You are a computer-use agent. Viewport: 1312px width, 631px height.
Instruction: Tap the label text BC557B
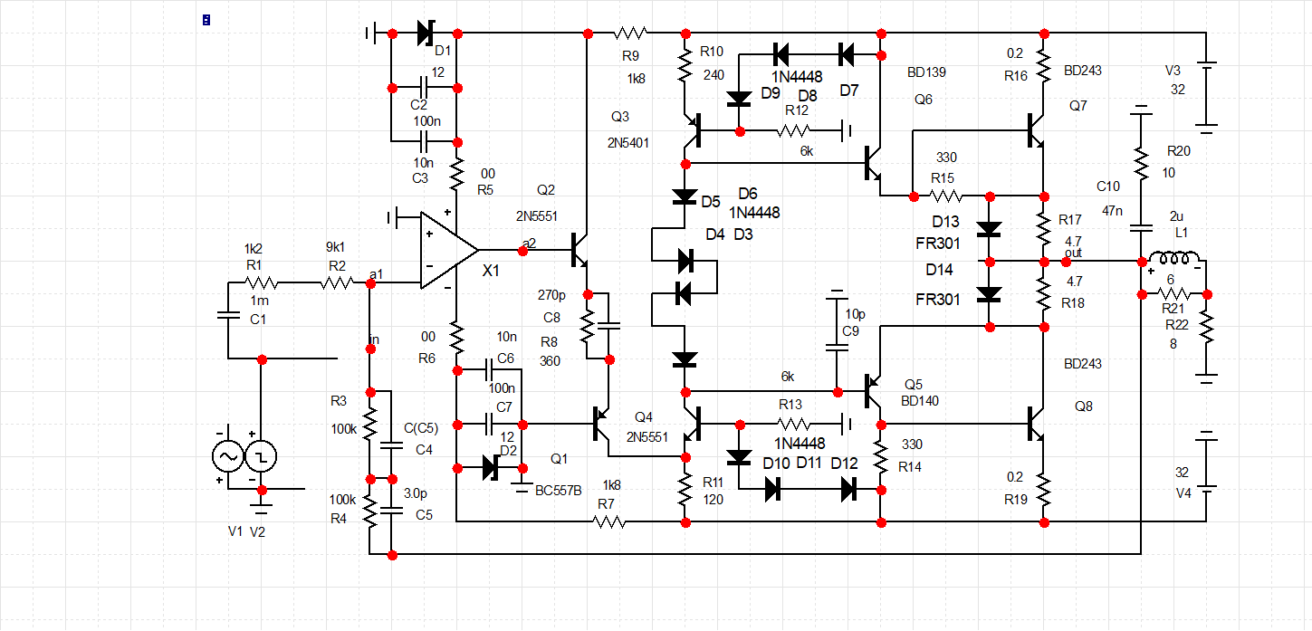(x=559, y=491)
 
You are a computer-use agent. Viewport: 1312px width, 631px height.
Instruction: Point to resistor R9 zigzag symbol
(x=631, y=33)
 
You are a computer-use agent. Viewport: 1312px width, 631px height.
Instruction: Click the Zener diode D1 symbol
(x=426, y=33)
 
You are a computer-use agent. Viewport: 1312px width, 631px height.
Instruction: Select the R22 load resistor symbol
(x=1205, y=330)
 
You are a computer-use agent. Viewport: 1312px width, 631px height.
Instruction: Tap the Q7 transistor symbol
(x=1037, y=131)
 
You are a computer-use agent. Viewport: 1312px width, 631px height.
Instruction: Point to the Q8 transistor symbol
(x=1037, y=423)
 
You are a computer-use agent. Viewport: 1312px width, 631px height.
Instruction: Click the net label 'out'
(x=1073, y=253)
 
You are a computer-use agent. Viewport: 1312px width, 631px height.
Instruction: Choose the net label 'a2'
(x=529, y=243)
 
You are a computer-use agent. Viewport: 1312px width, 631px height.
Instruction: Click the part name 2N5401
(x=627, y=142)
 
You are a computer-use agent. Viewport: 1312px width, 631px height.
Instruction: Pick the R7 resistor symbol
(x=608, y=522)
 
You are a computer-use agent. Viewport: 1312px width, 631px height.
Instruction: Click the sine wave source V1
(x=225, y=457)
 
